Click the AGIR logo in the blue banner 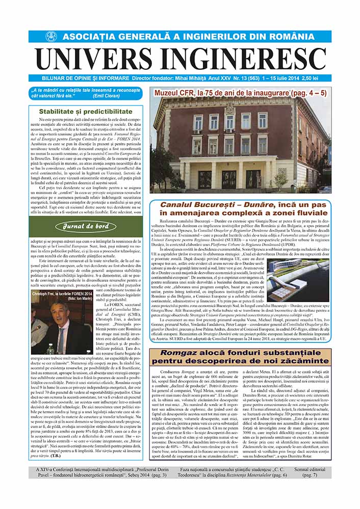point(50,37)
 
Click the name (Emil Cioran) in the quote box point(112,95)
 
